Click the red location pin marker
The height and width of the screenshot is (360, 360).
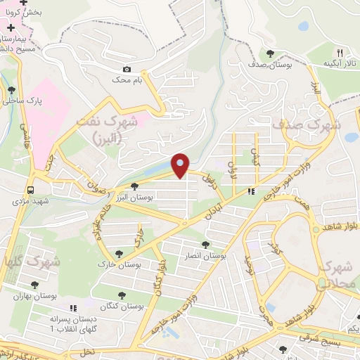(181, 165)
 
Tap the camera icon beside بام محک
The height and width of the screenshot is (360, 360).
(127, 69)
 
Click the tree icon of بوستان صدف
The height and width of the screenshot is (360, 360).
(270, 53)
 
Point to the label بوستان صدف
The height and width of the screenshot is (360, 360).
(271, 65)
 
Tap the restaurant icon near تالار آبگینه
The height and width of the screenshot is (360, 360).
(340, 53)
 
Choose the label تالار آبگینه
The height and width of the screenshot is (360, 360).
(339, 64)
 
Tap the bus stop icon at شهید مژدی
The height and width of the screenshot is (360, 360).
(30, 190)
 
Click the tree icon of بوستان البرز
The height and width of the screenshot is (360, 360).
(134, 186)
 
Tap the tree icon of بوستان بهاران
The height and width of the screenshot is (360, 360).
(34, 285)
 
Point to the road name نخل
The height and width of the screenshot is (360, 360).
(87, 349)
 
